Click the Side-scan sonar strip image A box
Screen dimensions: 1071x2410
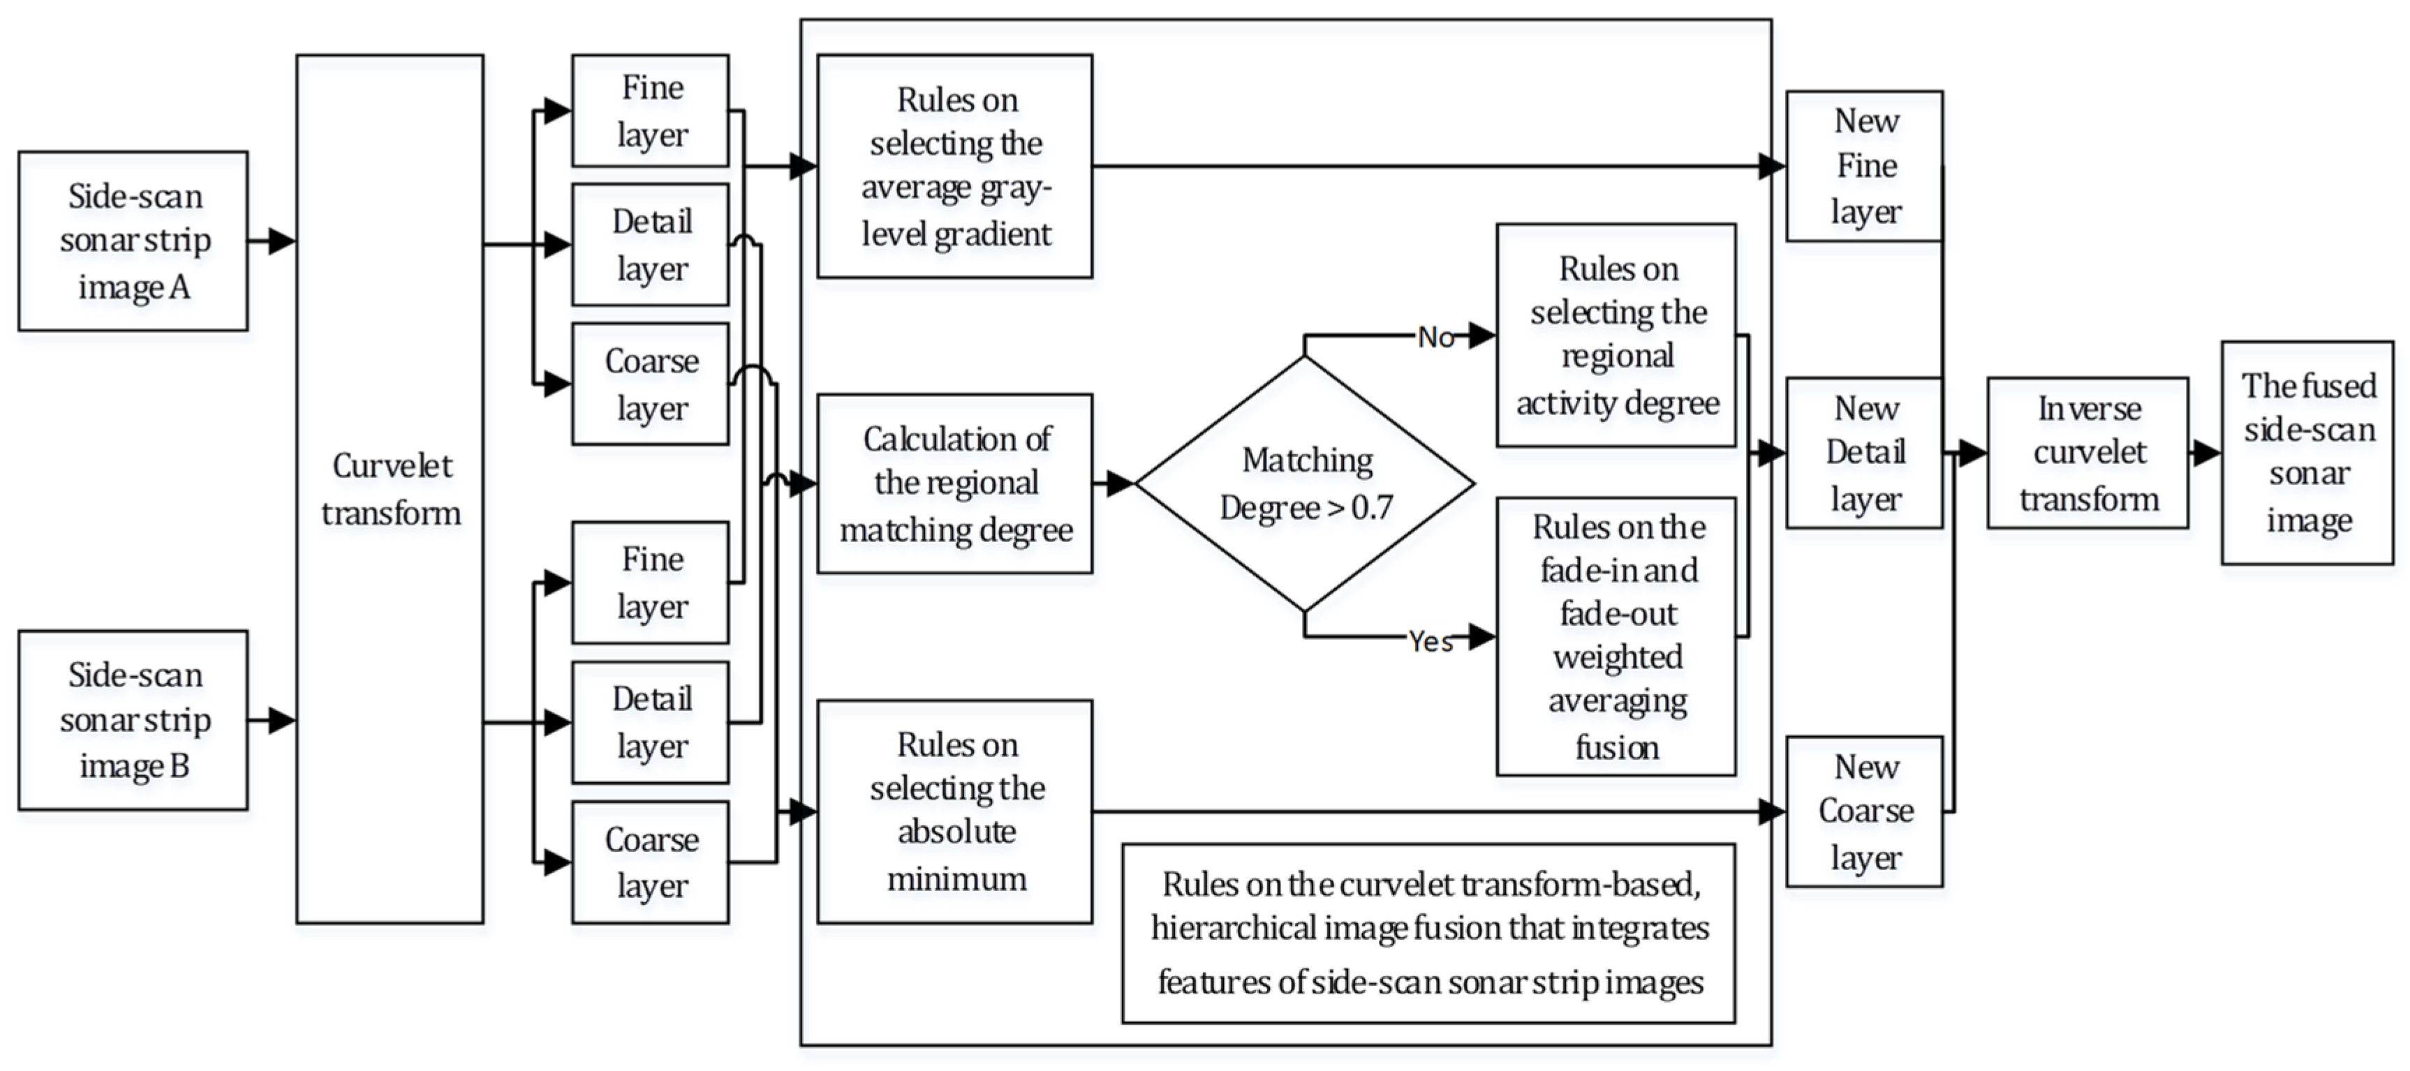(x=133, y=241)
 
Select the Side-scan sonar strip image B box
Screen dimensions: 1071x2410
(x=133, y=719)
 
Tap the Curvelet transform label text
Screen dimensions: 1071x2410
(x=391, y=489)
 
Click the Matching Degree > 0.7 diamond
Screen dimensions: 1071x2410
(x=1305, y=484)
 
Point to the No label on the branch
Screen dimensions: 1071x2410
(x=1435, y=337)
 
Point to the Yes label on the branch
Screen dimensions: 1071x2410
(x=1431, y=642)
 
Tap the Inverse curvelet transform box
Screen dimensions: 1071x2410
(x=2087, y=453)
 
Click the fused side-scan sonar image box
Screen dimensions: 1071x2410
(x=2307, y=453)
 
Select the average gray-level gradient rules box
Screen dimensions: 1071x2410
(x=954, y=167)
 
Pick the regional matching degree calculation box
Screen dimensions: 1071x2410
(x=954, y=484)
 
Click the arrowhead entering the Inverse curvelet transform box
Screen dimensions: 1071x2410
(x=1973, y=453)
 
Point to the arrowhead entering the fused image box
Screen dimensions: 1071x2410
(x=2207, y=453)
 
